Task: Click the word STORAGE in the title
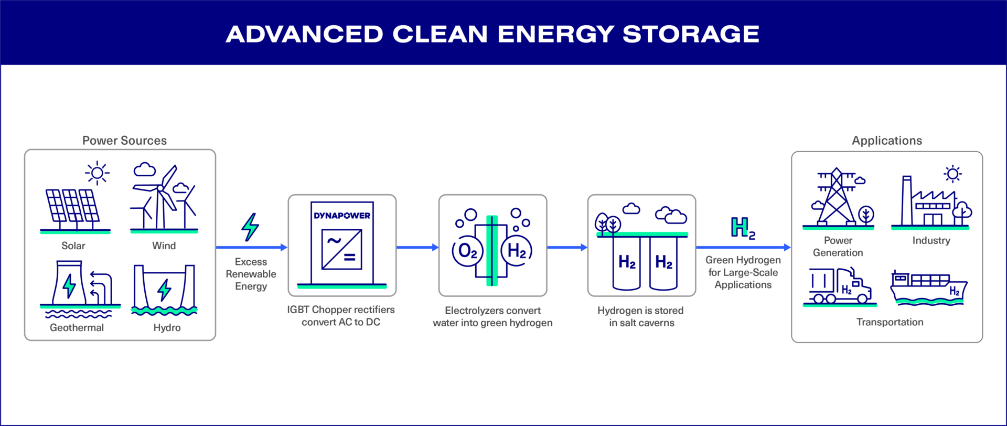coord(691,34)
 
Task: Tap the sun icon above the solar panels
coord(97,173)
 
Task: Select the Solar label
coord(73,246)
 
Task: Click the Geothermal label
coord(77,327)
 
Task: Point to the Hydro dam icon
coord(164,289)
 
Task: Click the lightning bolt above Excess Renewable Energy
coord(250,227)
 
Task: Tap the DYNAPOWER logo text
coord(342,216)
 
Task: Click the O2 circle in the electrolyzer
coord(467,251)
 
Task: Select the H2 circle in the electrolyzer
coord(517,251)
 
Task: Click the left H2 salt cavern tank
coord(627,262)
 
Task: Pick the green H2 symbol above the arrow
coord(743,228)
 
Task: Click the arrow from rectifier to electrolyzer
coord(417,247)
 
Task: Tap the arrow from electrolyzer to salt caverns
coord(567,247)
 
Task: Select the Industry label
coord(931,240)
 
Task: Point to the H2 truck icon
coord(839,286)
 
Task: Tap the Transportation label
coord(890,322)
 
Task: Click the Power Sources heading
coord(124,141)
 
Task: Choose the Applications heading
coord(886,141)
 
